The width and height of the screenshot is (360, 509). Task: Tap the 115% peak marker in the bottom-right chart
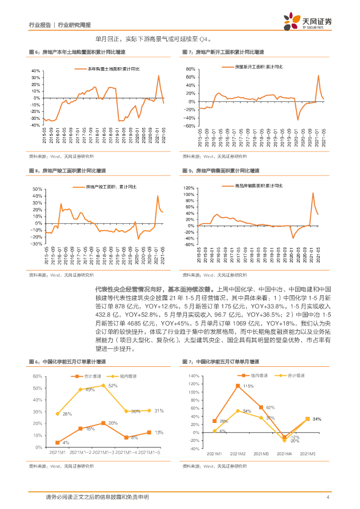[237, 385]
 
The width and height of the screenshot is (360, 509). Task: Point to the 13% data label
[159, 432]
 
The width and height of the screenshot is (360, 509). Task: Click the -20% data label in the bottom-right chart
[294, 441]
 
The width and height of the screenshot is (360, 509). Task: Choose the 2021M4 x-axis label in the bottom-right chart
[284, 454]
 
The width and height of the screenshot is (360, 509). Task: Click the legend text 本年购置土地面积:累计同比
[113, 69]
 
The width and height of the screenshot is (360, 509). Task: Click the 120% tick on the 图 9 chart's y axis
[188, 187]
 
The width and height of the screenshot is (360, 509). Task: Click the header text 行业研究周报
[75, 25]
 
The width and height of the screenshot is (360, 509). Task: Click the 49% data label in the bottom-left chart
[90, 390]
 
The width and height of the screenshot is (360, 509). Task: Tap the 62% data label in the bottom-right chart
[270, 408]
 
